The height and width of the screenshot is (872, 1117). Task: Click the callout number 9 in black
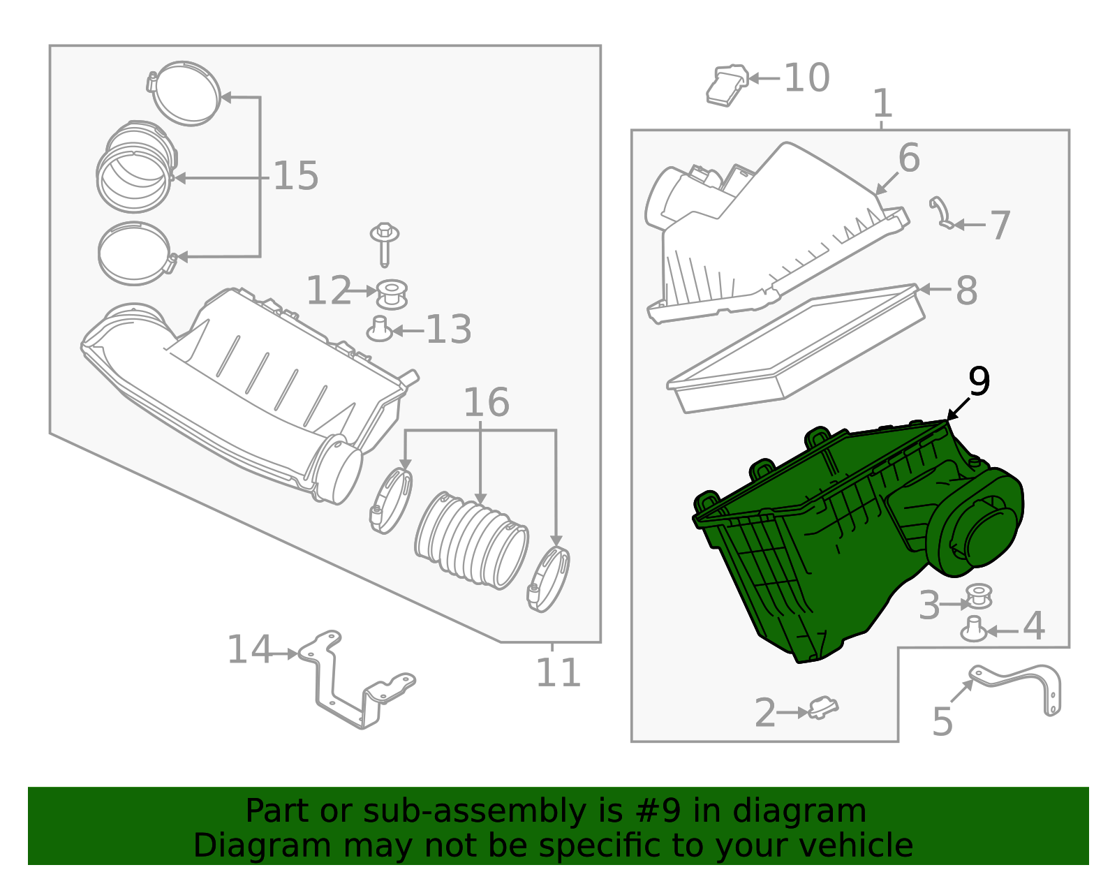[979, 383]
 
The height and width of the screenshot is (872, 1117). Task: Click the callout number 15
[295, 176]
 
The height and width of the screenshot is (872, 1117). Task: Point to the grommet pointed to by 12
[392, 294]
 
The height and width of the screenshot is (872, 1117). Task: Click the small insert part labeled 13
[380, 329]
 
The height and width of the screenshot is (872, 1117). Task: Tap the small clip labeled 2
[823, 709]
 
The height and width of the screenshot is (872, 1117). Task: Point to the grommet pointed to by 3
[979, 597]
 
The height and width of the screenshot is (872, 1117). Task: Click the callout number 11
[558, 673]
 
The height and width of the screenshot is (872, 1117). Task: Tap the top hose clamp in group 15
[186, 93]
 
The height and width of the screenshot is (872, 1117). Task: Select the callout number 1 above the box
[882, 103]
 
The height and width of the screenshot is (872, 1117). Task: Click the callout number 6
[909, 158]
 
